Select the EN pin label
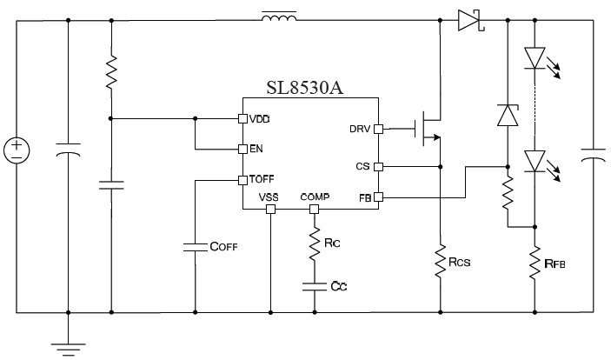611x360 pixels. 256,149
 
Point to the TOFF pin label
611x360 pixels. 262,180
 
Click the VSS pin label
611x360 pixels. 270,197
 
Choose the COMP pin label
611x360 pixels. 314,197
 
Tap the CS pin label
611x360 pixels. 365,166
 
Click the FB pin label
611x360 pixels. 365,197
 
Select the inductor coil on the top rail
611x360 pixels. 278,17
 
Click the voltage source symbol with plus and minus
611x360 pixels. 17,150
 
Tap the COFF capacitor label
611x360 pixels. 223,247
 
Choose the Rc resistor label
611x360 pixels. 332,244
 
